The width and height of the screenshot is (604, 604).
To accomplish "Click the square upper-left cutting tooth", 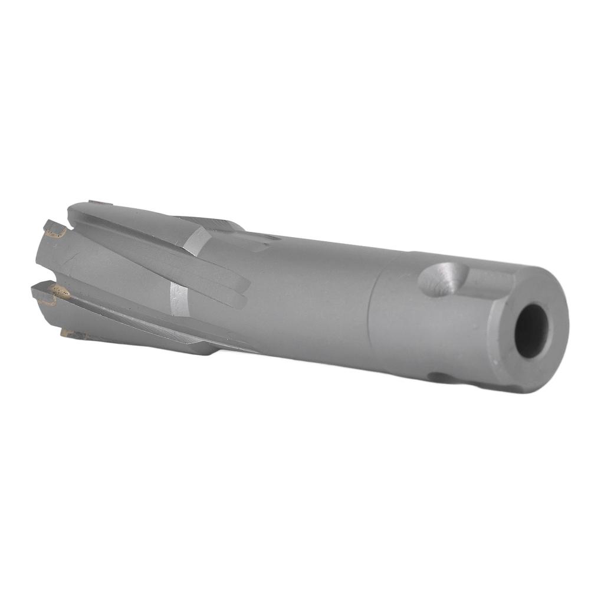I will coord(54,228).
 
